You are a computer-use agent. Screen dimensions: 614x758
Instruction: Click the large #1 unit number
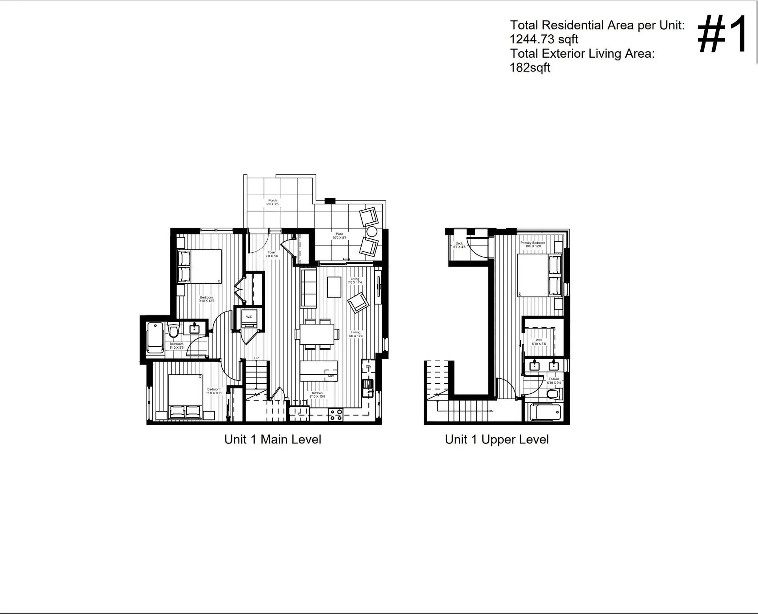[x=722, y=35]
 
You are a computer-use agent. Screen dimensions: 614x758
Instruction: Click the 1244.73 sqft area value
[x=544, y=39]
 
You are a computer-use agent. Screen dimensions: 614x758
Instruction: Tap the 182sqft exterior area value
[x=530, y=68]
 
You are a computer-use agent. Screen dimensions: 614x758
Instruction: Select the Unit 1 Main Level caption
[x=272, y=439]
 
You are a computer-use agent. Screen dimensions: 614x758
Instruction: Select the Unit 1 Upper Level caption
[x=496, y=439]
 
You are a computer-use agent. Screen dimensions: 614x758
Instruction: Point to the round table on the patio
[x=372, y=231]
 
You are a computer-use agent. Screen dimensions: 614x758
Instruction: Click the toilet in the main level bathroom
[x=173, y=329]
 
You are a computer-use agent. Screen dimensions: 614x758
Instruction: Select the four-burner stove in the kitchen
[x=336, y=415]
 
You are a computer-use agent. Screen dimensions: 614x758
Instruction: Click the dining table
[x=317, y=334]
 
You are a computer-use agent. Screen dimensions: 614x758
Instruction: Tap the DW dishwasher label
[x=368, y=366]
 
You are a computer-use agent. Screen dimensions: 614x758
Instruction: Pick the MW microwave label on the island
[x=331, y=376]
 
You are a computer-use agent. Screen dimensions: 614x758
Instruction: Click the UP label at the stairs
[x=256, y=358]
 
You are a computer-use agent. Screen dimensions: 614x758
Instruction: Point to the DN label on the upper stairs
[x=491, y=411]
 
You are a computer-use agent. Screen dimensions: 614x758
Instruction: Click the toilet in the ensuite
[x=554, y=394]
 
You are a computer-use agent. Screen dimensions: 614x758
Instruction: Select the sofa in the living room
[x=308, y=287]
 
